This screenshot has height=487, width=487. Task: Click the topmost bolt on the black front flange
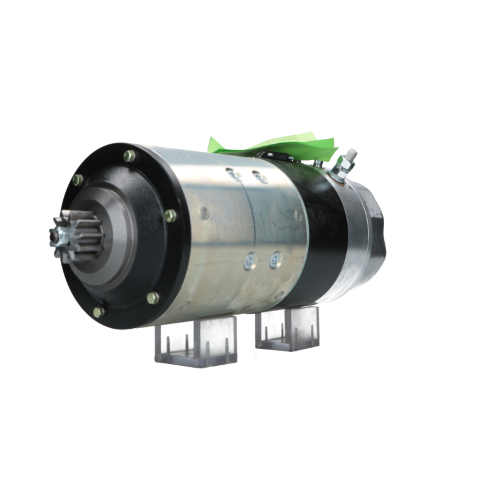[129, 156]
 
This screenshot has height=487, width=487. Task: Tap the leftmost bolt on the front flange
[77, 180]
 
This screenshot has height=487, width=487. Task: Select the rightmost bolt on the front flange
[170, 215]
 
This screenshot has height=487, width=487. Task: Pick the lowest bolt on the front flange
[98, 312]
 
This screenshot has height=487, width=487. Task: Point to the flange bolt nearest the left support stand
[153, 298]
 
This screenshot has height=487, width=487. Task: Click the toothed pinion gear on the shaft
[78, 234]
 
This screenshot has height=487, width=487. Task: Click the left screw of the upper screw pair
[233, 174]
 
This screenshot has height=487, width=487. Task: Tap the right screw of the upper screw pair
[260, 177]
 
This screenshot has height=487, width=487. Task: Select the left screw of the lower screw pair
[251, 261]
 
